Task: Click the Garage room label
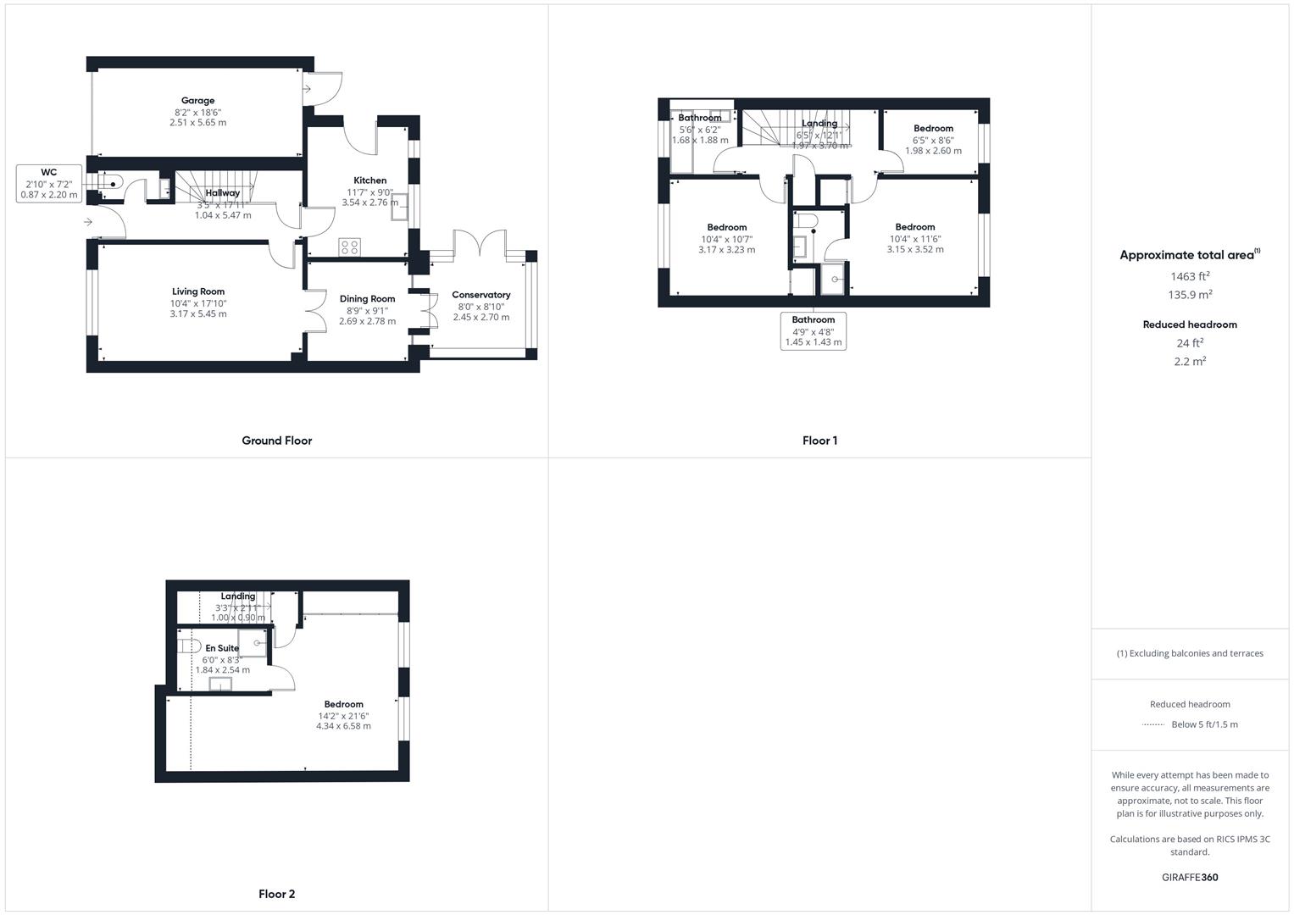[197, 101]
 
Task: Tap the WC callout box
[49, 184]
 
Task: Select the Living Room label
[198, 292]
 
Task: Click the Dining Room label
[367, 299]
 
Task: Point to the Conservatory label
[480, 296]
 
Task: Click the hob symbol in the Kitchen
[349, 247]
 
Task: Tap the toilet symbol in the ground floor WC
[110, 183]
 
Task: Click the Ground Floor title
[276, 441]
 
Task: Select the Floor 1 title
[819, 441]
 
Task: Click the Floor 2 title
[276, 894]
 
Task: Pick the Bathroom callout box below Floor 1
[813, 331]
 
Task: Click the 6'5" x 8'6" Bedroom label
[933, 129]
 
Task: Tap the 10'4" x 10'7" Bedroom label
[726, 228]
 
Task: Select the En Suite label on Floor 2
[222, 649]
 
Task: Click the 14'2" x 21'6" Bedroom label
[343, 705]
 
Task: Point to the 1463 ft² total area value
[1190, 276]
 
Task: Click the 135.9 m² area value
[1190, 295]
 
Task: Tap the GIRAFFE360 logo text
[1189, 877]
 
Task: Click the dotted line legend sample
[1153, 724]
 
